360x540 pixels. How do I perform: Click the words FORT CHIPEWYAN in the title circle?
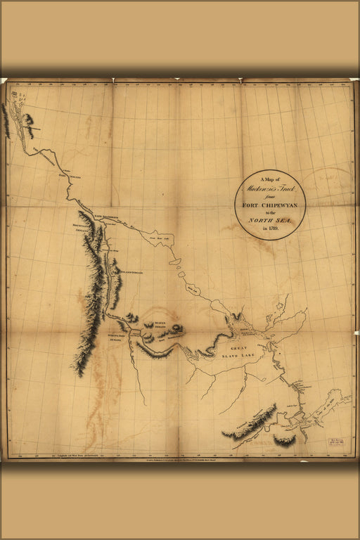coord(269,205)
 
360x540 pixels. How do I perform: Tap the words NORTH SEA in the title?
coord(269,220)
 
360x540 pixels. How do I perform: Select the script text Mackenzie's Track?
coord(269,190)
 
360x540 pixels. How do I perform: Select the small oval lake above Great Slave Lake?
coord(176,262)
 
